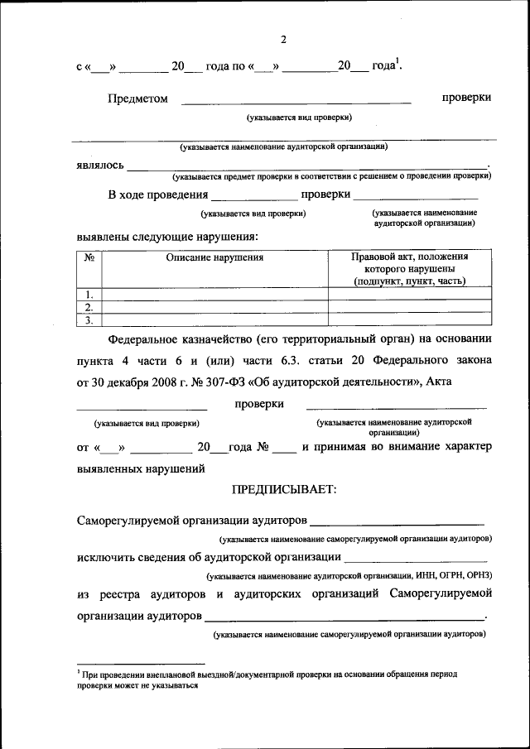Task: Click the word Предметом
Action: click(137, 98)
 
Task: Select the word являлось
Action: click(100, 165)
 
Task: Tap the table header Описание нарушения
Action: click(214, 257)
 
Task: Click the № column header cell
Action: click(89, 257)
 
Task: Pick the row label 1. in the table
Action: click(89, 295)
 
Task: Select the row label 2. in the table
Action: click(89, 307)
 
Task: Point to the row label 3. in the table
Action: click(89, 319)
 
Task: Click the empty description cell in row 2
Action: click(214, 307)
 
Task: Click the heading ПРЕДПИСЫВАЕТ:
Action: click(284, 490)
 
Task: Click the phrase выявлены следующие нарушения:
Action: click(166, 237)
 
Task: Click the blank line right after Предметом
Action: click(296, 100)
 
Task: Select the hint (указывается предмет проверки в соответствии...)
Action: click(331, 176)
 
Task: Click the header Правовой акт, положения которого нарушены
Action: click(409, 269)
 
